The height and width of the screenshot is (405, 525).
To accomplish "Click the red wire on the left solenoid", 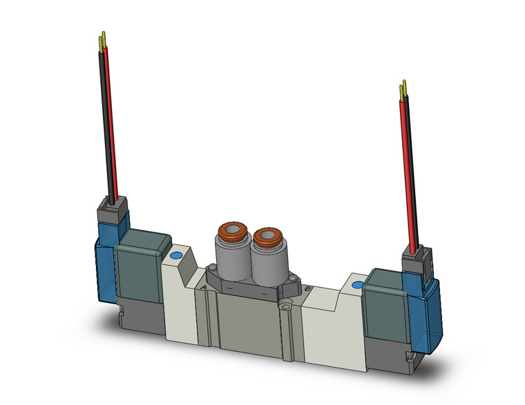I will pos(112,124).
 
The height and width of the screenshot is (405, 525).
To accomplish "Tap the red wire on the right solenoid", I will pos(408,172).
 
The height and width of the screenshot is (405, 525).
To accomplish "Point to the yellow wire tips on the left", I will pos(104,40).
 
